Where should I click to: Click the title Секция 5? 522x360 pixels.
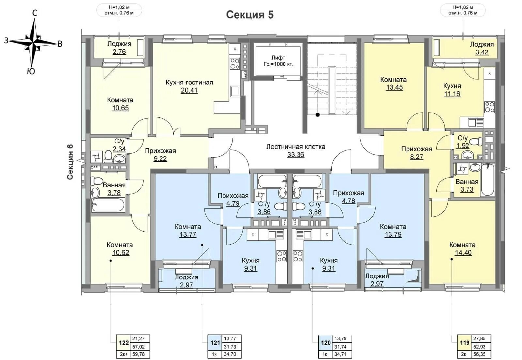[x=250, y=14]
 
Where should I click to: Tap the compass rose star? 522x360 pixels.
[x=33, y=43]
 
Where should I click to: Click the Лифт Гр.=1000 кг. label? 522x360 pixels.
[x=278, y=61]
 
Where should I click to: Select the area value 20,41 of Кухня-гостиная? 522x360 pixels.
[x=189, y=90]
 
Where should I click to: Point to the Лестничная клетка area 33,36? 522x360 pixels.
[x=296, y=155]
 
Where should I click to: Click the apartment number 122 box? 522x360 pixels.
[x=124, y=343]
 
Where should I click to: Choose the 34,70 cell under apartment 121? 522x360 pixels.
[x=230, y=354]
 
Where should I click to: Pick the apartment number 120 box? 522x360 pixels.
[x=326, y=343]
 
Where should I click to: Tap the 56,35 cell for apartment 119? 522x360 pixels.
[x=479, y=354]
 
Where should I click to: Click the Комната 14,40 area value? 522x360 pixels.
[x=463, y=253]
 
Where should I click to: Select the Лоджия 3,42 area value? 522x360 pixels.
[x=482, y=52]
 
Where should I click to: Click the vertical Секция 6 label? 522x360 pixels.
[x=70, y=162]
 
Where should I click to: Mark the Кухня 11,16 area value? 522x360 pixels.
[x=452, y=94]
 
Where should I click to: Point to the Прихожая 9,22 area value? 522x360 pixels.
[x=160, y=158]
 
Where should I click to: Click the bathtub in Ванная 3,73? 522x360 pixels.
[x=487, y=180]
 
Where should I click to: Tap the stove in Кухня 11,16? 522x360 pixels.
[x=489, y=107]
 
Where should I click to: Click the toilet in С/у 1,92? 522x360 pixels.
[x=475, y=141]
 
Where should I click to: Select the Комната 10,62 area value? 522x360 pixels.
[x=120, y=253]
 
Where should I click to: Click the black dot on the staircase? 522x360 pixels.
[x=317, y=115]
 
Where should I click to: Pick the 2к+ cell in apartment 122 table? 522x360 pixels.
[x=124, y=354]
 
